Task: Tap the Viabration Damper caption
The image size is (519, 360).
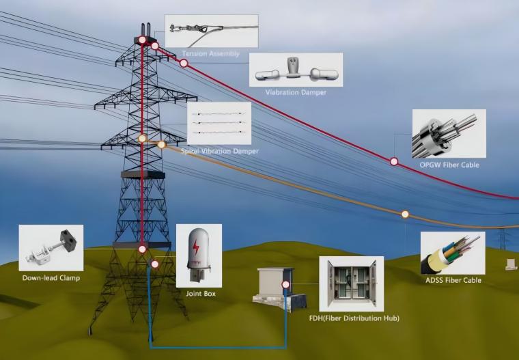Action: click(x=296, y=92)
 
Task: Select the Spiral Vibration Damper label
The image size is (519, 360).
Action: click(x=220, y=151)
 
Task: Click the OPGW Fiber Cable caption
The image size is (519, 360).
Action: click(x=449, y=165)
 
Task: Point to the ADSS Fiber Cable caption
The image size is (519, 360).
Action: click(x=453, y=280)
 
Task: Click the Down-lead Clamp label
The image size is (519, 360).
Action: click(x=51, y=279)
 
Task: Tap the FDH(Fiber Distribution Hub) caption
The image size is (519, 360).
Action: click(x=352, y=318)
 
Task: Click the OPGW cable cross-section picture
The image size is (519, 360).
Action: click(x=449, y=135)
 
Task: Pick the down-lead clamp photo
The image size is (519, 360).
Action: click(x=51, y=249)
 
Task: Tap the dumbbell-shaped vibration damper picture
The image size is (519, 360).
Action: click(x=295, y=70)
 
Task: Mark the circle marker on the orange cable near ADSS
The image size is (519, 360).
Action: click(x=405, y=214)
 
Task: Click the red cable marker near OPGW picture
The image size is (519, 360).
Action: click(x=394, y=162)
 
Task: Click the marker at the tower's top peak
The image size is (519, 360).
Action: click(x=142, y=40)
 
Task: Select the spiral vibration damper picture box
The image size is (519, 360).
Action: click(x=219, y=124)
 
